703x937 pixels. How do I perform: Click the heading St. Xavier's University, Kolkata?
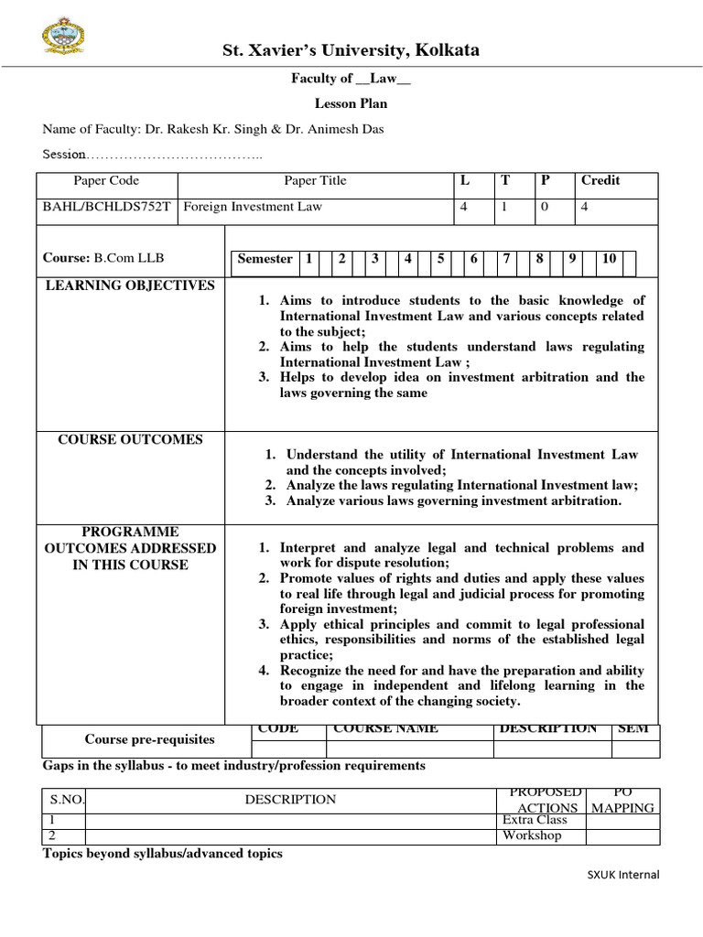(351, 49)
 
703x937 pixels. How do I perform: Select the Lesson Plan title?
(351, 103)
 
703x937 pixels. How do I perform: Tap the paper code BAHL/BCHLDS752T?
(107, 207)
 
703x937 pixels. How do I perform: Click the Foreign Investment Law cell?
(254, 207)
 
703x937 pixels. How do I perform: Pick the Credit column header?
(600, 180)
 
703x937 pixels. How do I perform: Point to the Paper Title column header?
(315, 180)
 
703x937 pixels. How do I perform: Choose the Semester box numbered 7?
(506, 259)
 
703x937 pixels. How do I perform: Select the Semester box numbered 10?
(609, 259)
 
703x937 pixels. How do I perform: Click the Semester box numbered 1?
(309, 259)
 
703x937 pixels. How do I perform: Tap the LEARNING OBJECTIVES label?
(131, 285)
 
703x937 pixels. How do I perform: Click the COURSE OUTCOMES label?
(131, 440)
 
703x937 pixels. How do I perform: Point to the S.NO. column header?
(66, 800)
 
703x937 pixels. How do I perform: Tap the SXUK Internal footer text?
(622, 875)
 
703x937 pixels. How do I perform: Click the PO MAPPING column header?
(622, 800)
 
